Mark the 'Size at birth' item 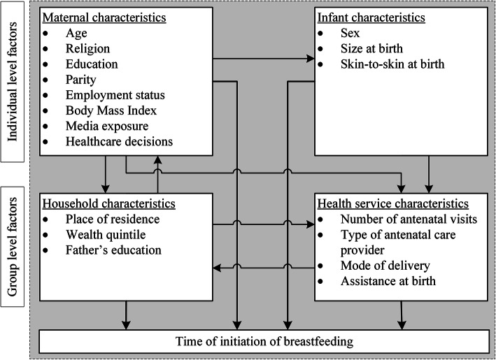[370, 48]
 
